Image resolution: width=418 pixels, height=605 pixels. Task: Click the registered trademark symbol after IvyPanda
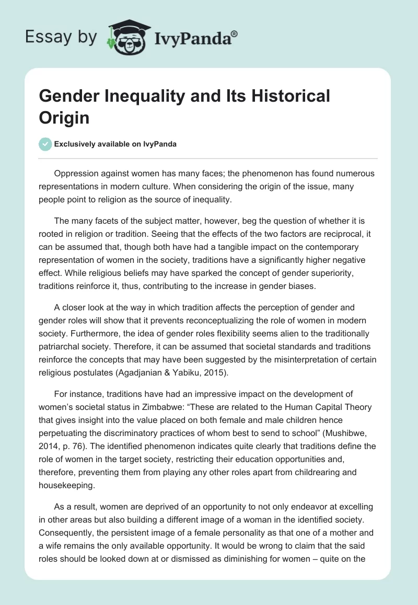235,33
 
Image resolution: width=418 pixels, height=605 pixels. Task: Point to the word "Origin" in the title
64,117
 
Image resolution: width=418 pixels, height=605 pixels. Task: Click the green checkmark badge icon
46,144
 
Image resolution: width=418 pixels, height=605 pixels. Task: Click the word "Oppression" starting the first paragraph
79,174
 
